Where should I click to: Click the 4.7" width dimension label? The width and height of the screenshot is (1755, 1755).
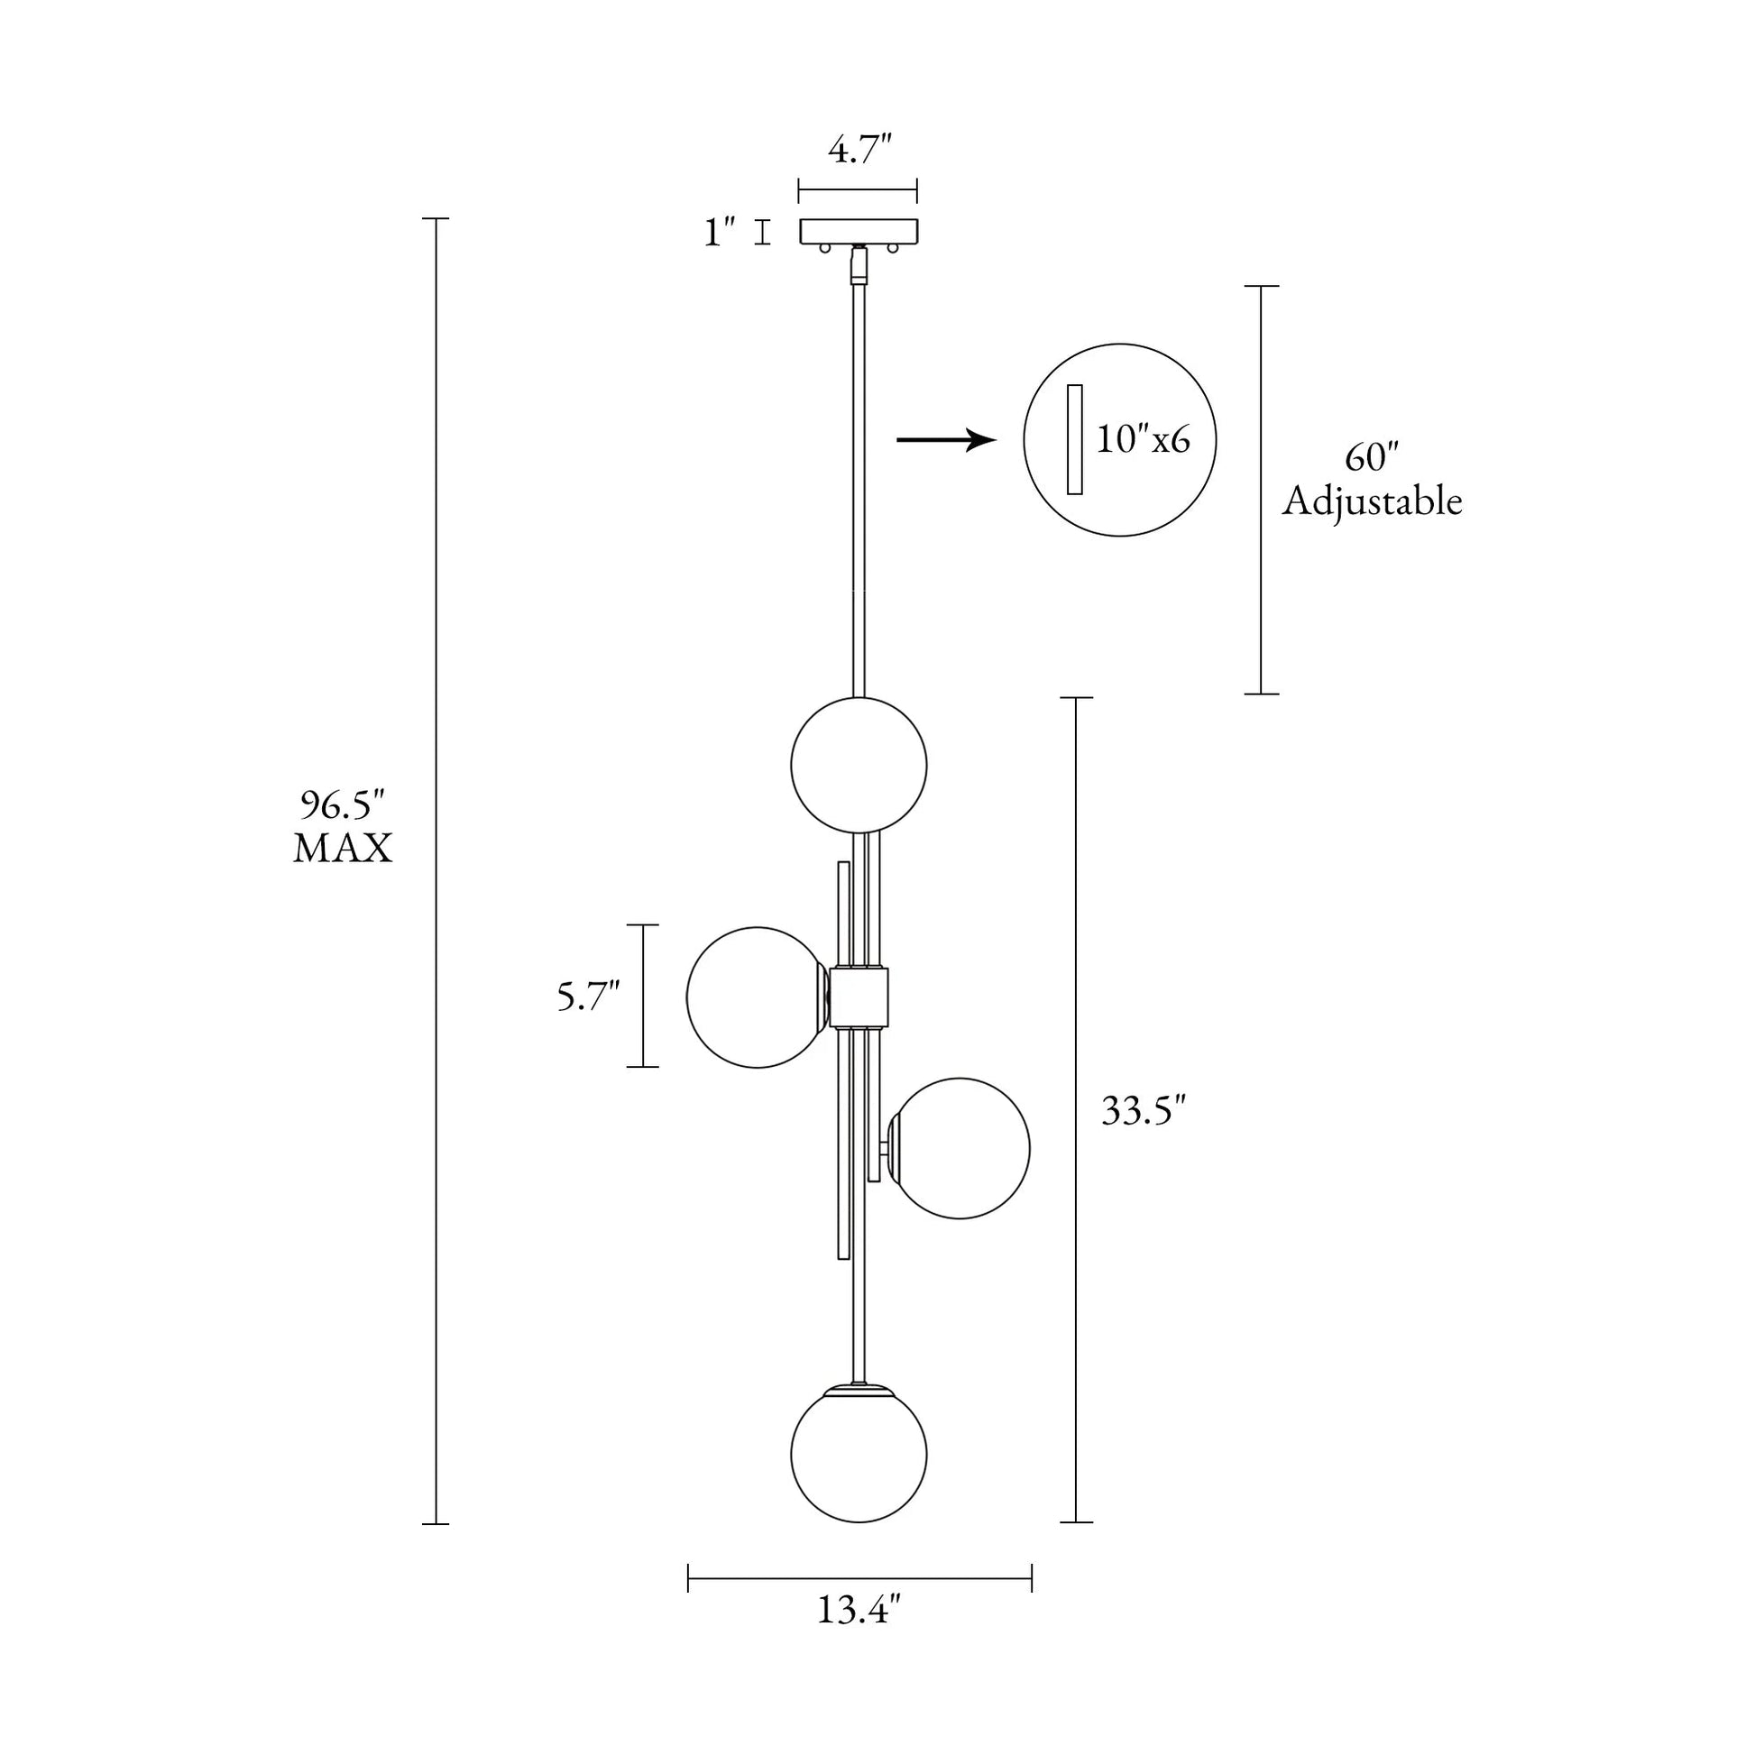pyautogui.click(x=859, y=150)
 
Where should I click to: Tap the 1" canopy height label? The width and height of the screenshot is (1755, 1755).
pyautogui.click(x=720, y=233)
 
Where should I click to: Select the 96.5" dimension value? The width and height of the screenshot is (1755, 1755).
pyautogui.click(x=343, y=805)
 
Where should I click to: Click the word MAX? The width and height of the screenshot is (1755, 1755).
pyautogui.click(x=343, y=850)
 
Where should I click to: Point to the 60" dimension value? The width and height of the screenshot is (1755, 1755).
pyautogui.click(x=1372, y=458)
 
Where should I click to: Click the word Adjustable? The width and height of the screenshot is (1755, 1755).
pyautogui.click(x=1372, y=502)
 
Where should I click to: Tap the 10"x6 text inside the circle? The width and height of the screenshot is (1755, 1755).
pyautogui.click(x=1143, y=440)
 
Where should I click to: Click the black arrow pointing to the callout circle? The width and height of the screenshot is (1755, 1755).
pyautogui.click(x=947, y=441)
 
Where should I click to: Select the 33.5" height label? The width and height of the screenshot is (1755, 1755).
pyautogui.click(x=1144, y=1111)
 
